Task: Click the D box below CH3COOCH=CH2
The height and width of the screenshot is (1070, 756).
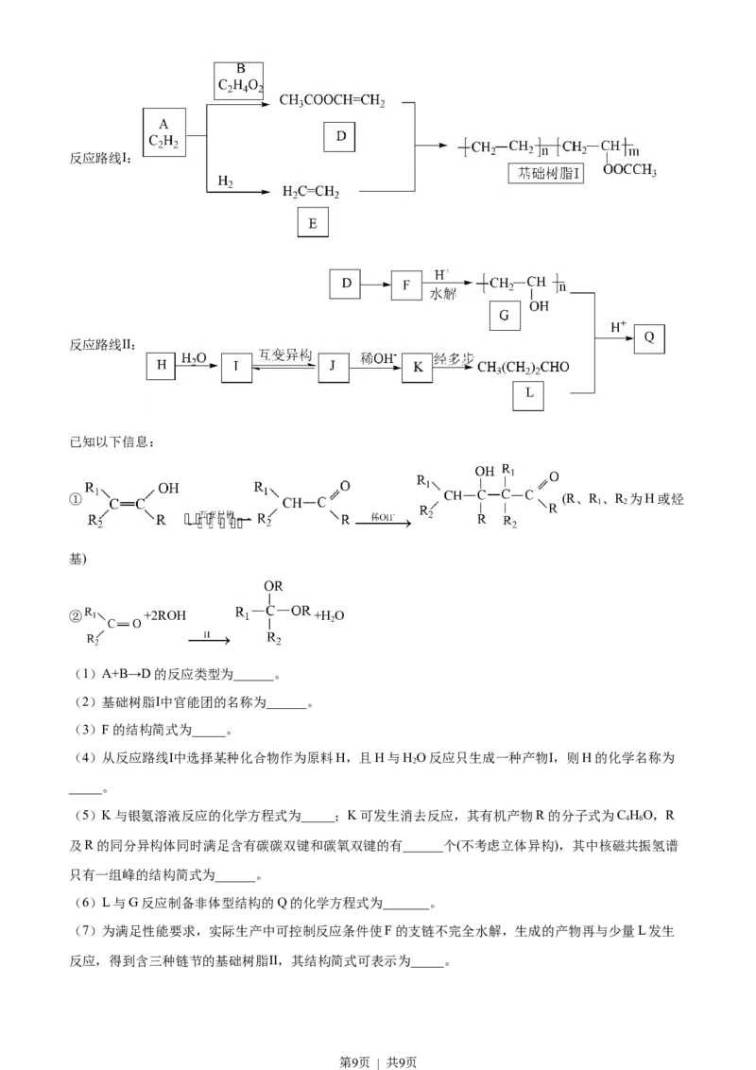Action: click(341, 138)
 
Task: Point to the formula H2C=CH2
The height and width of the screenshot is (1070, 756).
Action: click(311, 192)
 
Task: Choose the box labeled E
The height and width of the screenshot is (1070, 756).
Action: click(313, 223)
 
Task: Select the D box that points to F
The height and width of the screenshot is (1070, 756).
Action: click(346, 284)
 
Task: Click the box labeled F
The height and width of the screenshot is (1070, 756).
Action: click(406, 285)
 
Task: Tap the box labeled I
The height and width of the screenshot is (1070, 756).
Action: click(236, 367)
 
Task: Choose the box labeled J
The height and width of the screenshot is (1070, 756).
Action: click(333, 367)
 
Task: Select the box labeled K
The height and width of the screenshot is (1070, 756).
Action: click(416, 367)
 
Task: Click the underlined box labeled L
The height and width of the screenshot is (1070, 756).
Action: click(528, 397)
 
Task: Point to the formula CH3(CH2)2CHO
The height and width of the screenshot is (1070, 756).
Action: click(523, 367)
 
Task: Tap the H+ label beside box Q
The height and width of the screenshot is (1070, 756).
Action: click(618, 327)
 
